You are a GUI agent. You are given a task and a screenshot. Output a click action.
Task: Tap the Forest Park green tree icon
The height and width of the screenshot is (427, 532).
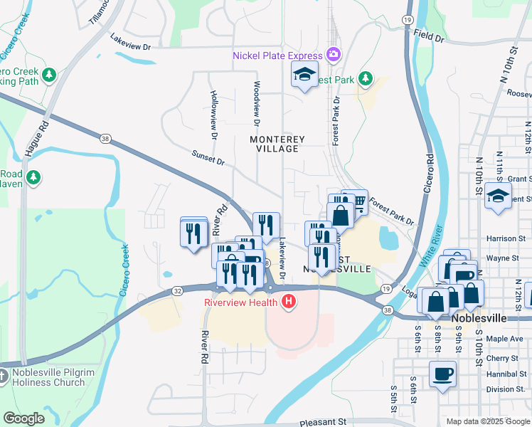(x=366, y=78)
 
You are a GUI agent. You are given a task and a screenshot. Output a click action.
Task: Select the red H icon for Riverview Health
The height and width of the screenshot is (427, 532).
(x=289, y=302)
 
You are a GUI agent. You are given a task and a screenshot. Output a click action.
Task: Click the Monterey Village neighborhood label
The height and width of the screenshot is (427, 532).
(x=277, y=144)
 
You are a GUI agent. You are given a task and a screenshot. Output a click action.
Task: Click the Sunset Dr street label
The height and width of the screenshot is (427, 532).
(x=208, y=157)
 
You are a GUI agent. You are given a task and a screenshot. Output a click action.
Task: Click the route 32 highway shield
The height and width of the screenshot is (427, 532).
(x=177, y=290)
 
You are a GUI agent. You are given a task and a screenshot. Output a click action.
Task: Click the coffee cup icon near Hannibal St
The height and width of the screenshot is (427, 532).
(x=443, y=373)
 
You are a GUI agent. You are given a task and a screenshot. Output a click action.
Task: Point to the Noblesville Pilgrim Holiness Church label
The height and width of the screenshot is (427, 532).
(x=48, y=377)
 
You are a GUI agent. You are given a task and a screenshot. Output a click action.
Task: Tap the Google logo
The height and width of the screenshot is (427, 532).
(x=24, y=418)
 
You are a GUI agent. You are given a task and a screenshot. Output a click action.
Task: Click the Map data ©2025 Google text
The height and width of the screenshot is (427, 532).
(x=487, y=421)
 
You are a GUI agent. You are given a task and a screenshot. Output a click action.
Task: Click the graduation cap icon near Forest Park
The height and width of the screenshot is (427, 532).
(x=304, y=74)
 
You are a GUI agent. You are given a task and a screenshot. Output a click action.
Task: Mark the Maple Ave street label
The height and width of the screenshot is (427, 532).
(x=506, y=338)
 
